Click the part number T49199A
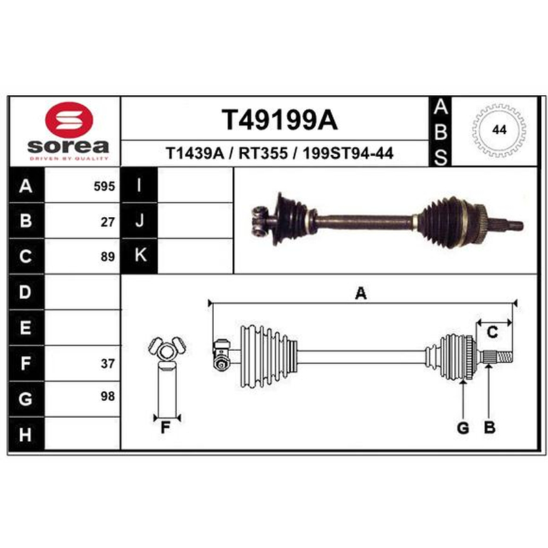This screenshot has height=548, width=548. click(279, 120)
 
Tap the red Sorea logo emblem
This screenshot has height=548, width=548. click(69, 119)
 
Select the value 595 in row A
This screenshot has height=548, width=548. click(104, 186)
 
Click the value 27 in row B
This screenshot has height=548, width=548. click(108, 222)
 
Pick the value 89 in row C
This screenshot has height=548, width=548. click(108, 257)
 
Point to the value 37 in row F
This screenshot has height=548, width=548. click(108, 364)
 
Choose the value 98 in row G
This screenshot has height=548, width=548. click(108, 397)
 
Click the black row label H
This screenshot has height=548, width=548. click(26, 434)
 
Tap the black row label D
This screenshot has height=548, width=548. click(26, 292)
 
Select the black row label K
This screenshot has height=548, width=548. click(140, 256)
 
